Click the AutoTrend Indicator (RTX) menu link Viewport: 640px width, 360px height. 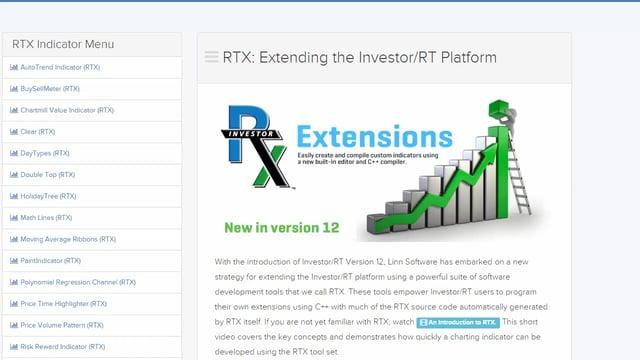pyautogui.click(x=60, y=67)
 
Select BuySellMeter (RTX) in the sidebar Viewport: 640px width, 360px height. pyautogui.click(x=50, y=88)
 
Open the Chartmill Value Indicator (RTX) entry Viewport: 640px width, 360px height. pyautogui.click(x=67, y=110)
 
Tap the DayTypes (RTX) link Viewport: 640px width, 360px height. pyautogui.click(x=45, y=153)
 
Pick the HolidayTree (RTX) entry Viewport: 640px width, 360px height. pyautogui.click(x=47, y=196)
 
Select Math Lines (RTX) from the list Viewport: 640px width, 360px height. pyautogui.click(x=47, y=217)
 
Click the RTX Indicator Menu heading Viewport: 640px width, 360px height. pyautogui.click(x=63, y=44)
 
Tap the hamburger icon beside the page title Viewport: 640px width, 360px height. pyautogui.click(x=211, y=57)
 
